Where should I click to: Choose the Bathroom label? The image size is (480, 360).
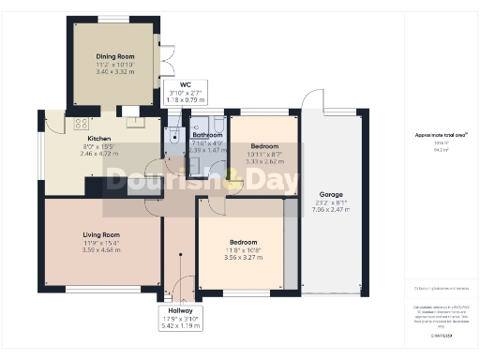click(x=207, y=135)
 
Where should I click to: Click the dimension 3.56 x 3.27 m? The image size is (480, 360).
click(x=243, y=257)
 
